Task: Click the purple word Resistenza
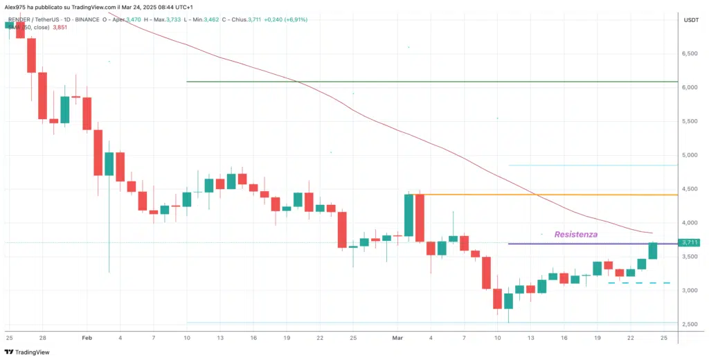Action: point(575,235)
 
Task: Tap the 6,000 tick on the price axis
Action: point(690,87)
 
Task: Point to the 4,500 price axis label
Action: point(690,189)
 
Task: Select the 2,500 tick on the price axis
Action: point(690,324)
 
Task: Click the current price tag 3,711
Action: point(690,242)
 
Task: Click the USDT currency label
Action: point(691,20)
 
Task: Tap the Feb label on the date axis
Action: point(87,337)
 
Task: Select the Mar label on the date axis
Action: point(397,337)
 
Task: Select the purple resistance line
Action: point(582,244)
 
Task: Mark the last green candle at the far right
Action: point(652,251)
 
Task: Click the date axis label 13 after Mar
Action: point(530,337)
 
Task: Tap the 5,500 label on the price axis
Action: point(690,121)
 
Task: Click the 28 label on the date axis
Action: point(42,337)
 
